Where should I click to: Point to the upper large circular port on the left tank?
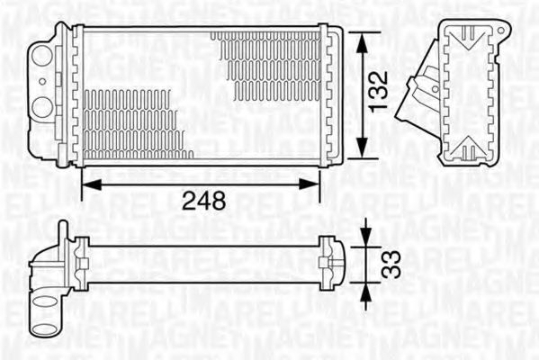41,58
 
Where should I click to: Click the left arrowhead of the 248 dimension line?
86,183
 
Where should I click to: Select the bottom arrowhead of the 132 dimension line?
361,154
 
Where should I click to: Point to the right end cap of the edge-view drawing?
334,260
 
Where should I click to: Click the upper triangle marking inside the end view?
469,37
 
